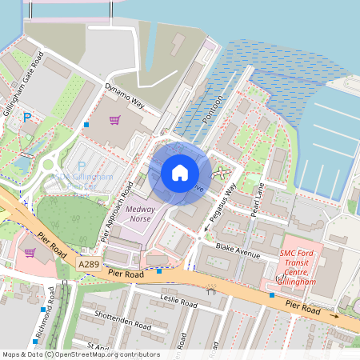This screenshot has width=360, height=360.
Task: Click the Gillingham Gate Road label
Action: tap(22, 82)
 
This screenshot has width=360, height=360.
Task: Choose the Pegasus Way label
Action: tap(219, 206)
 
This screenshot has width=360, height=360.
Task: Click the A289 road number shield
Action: tap(90, 262)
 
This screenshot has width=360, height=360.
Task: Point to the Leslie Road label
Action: tap(178, 304)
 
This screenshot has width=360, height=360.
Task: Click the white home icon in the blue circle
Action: tap(180, 172)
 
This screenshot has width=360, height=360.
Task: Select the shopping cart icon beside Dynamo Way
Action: tap(115, 121)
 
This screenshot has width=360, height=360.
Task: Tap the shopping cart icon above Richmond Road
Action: tap(30, 253)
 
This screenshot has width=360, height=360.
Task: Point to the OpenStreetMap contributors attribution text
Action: tap(80, 354)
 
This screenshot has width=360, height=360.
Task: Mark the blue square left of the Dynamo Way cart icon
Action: tap(86, 125)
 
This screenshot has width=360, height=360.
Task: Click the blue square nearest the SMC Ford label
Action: tap(272, 295)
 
